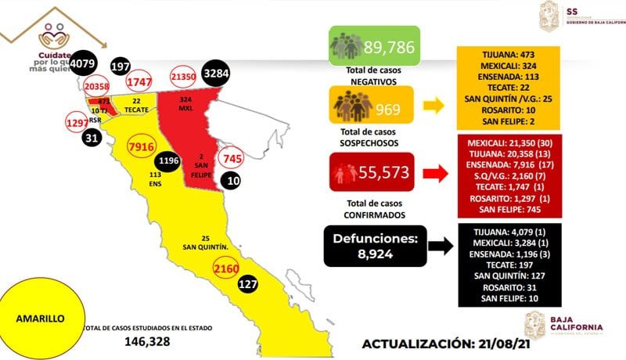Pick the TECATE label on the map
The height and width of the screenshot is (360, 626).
(x=139, y=110)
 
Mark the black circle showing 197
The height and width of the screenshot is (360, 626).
(x=121, y=67)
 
